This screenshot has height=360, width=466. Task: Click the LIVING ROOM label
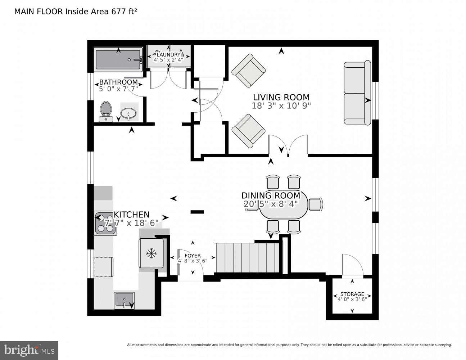point(281,97)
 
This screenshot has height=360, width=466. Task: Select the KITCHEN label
point(132,215)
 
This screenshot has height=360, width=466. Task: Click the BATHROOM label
point(118,82)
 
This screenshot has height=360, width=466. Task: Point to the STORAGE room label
point(352,294)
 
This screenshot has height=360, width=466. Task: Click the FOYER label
point(193,256)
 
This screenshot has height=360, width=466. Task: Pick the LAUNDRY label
point(168,55)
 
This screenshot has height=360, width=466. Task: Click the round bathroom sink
point(128,113)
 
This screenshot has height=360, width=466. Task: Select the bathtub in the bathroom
point(118,60)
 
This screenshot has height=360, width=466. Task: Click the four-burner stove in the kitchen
point(105,224)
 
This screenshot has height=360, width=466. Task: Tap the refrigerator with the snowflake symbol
point(151,253)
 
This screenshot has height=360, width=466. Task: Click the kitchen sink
point(124,300)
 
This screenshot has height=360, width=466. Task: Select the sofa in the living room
point(357,93)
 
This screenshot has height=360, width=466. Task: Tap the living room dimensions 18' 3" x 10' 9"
point(281,106)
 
